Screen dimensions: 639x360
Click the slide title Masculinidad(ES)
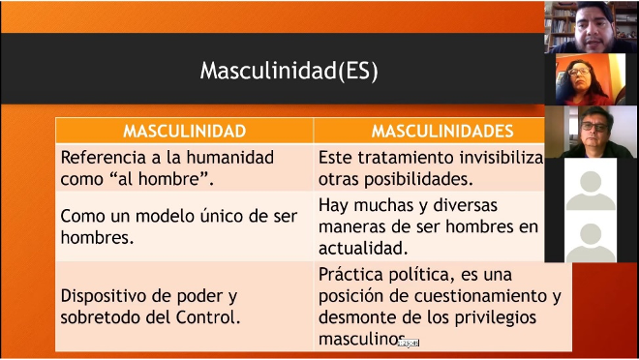[x=289, y=71]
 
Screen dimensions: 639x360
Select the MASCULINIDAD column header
[x=185, y=132]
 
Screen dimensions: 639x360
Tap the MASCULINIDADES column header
[x=442, y=132]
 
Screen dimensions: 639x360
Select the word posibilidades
[x=418, y=179]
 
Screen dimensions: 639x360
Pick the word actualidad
[x=363, y=248]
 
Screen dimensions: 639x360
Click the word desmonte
[x=350, y=317]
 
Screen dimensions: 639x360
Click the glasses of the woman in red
[x=579, y=72]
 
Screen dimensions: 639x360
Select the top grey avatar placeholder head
[x=591, y=182]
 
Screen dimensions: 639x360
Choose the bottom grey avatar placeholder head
[x=591, y=234]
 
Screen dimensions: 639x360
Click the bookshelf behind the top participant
[x=561, y=25]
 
